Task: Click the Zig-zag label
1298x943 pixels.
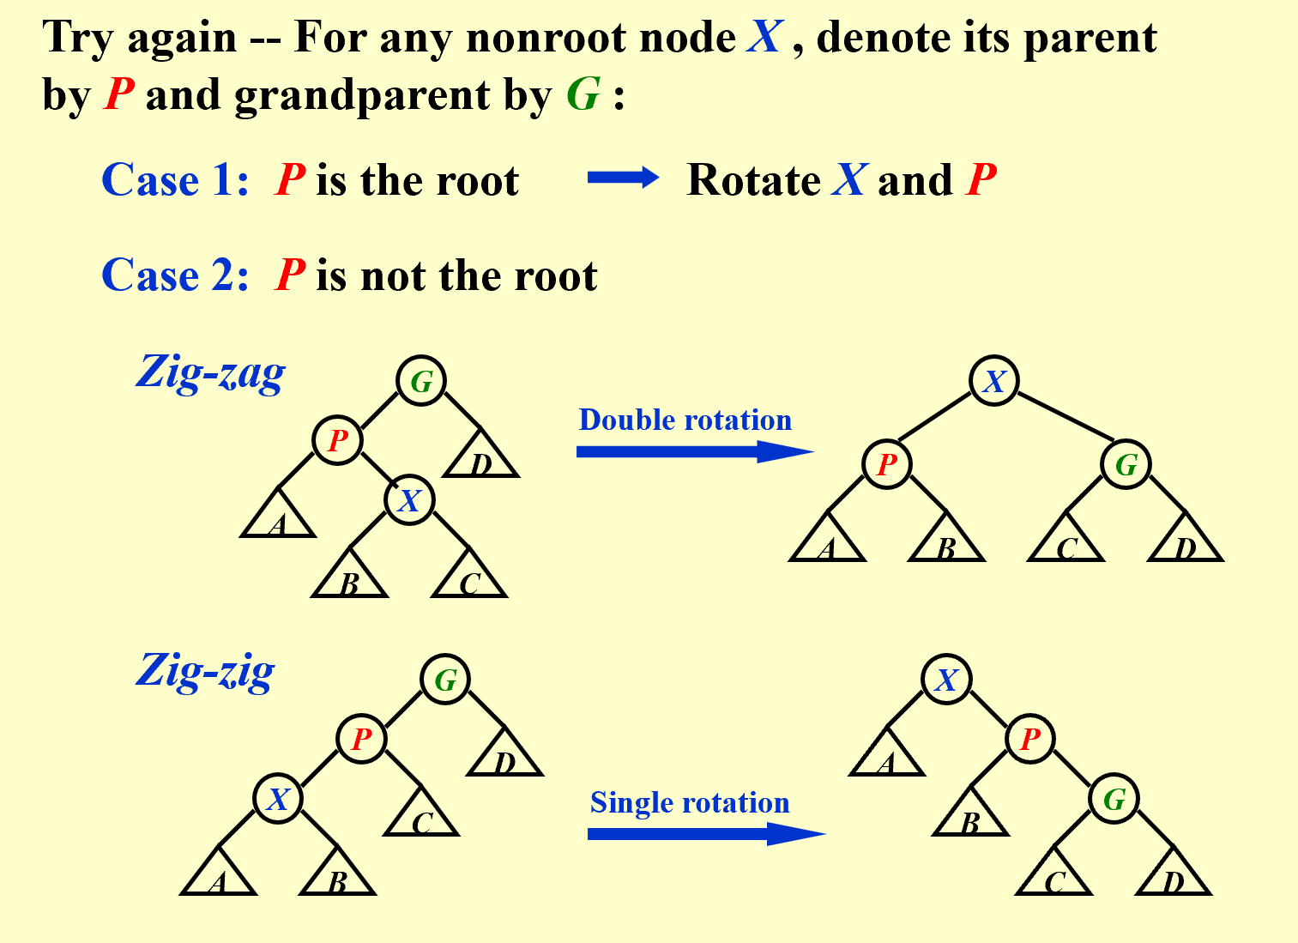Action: (x=210, y=373)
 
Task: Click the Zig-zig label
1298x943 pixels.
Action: (x=206, y=671)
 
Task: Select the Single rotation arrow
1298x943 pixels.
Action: (x=705, y=833)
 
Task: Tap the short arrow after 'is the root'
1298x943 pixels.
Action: (x=623, y=178)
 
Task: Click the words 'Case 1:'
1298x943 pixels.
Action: (x=175, y=180)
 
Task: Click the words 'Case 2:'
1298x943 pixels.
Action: (x=175, y=275)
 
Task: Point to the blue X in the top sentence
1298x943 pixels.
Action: (x=764, y=38)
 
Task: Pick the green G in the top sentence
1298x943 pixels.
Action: (x=583, y=94)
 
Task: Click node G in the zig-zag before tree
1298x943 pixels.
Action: (x=421, y=381)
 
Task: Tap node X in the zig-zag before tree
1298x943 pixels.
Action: (x=409, y=499)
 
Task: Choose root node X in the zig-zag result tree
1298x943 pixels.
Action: (x=993, y=381)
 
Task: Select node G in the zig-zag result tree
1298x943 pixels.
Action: (x=1126, y=464)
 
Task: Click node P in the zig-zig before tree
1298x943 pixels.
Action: (x=361, y=738)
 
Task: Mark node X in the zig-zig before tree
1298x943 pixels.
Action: (x=278, y=799)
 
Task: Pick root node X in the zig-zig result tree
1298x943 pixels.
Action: (x=945, y=680)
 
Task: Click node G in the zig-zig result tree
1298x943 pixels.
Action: (x=1114, y=799)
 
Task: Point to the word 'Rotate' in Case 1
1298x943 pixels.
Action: (x=753, y=180)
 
